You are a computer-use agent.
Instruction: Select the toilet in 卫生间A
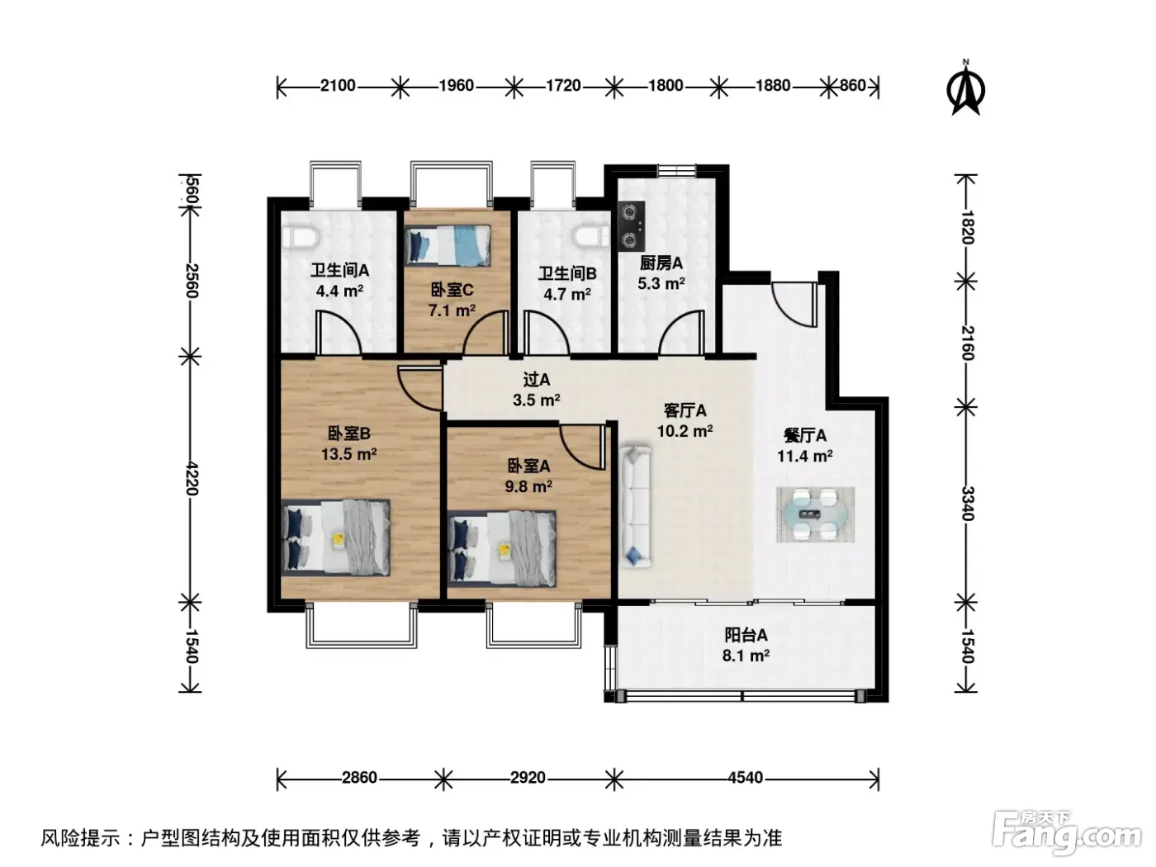click(x=300, y=238)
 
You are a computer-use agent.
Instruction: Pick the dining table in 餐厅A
click(x=815, y=514)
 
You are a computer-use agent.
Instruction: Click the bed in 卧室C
click(x=448, y=245)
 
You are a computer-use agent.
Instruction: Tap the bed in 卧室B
click(x=335, y=538)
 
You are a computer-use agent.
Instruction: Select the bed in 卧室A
click(x=502, y=548)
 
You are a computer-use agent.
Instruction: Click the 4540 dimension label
click(x=746, y=778)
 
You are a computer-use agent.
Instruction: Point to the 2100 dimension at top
click(x=338, y=85)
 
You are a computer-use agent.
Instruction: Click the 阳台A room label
click(x=746, y=635)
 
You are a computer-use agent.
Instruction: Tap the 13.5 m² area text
click(x=348, y=454)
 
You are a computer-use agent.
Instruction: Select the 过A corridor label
click(x=537, y=379)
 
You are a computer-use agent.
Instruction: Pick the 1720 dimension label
click(x=563, y=85)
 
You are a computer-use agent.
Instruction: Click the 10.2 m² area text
click(x=685, y=431)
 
